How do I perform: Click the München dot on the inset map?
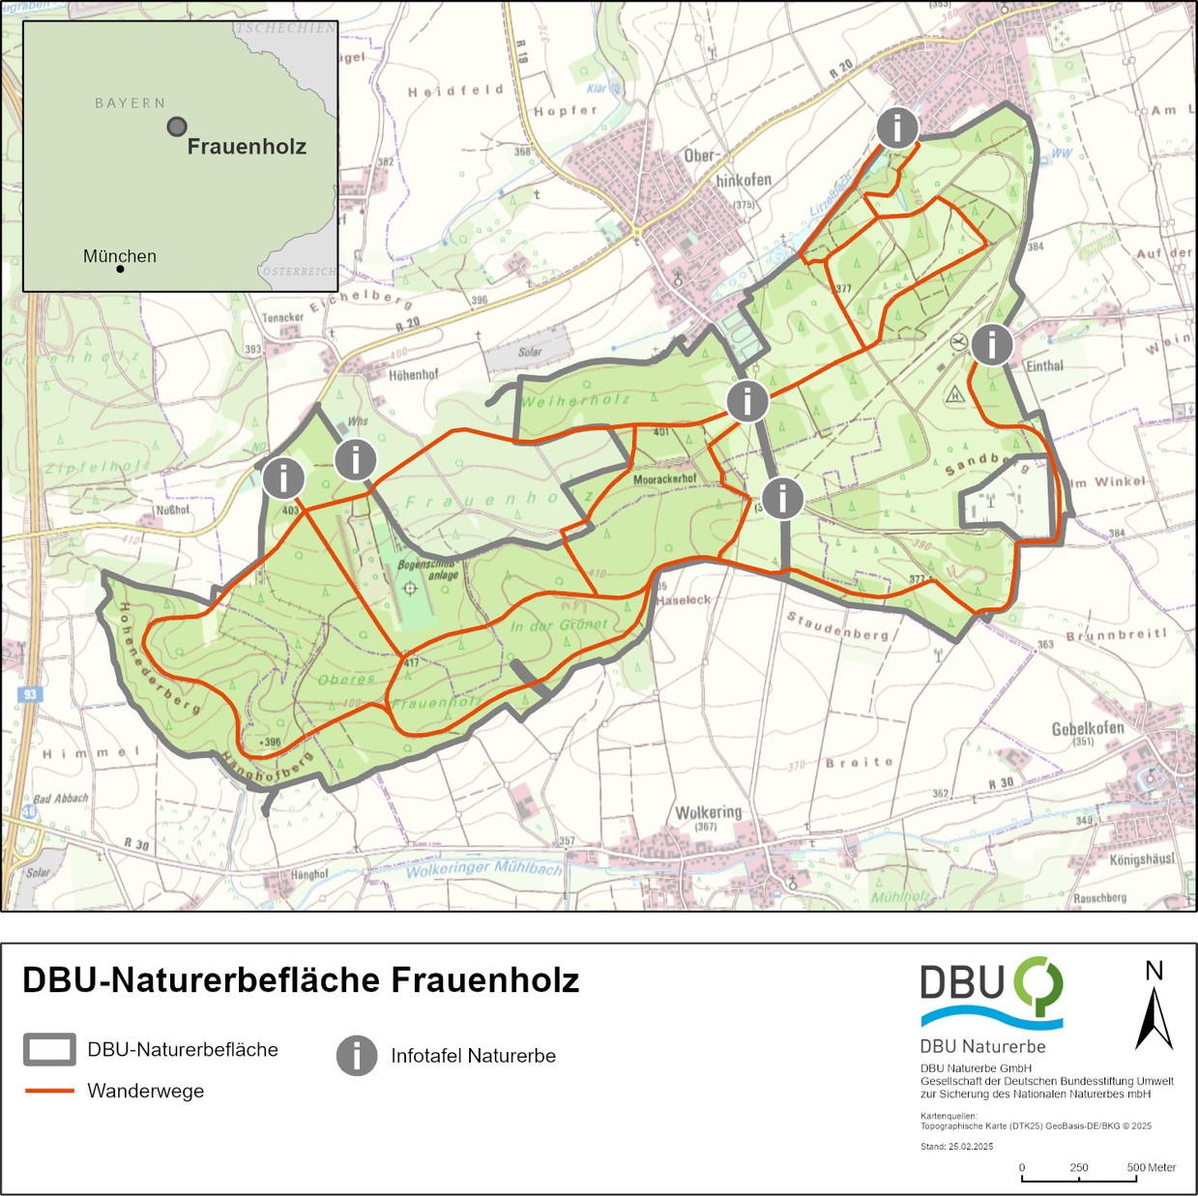[120, 269]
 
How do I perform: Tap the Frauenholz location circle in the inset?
[177, 127]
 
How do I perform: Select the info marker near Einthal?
[991, 344]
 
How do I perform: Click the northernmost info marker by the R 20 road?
[897, 128]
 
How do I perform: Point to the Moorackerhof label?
[664, 480]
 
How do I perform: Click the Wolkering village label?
[708, 812]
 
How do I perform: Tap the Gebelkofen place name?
[1088, 728]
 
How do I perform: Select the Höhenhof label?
[413, 375]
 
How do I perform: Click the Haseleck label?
[684, 600]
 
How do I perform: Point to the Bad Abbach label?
[60, 799]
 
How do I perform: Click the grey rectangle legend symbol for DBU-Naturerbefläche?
[49, 1049]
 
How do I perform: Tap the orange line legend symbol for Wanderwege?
[49, 1091]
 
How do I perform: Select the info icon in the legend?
[357, 1056]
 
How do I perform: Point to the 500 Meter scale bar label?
[1151, 1167]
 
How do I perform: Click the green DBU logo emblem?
[1038, 985]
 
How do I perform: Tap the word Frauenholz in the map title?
[484, 980]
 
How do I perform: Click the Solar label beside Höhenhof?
[530, 352]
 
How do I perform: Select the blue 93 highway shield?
[30, 695]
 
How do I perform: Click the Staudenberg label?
[837, 627]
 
